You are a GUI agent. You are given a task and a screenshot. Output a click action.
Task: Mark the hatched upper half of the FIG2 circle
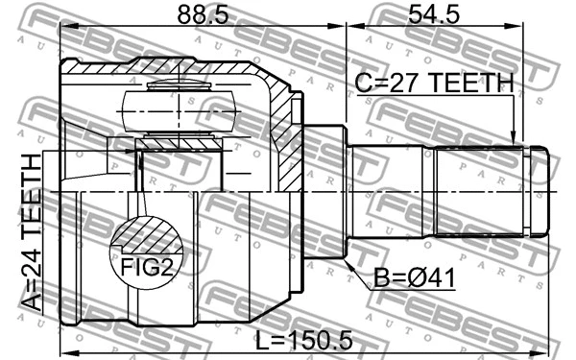coord(145,231)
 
